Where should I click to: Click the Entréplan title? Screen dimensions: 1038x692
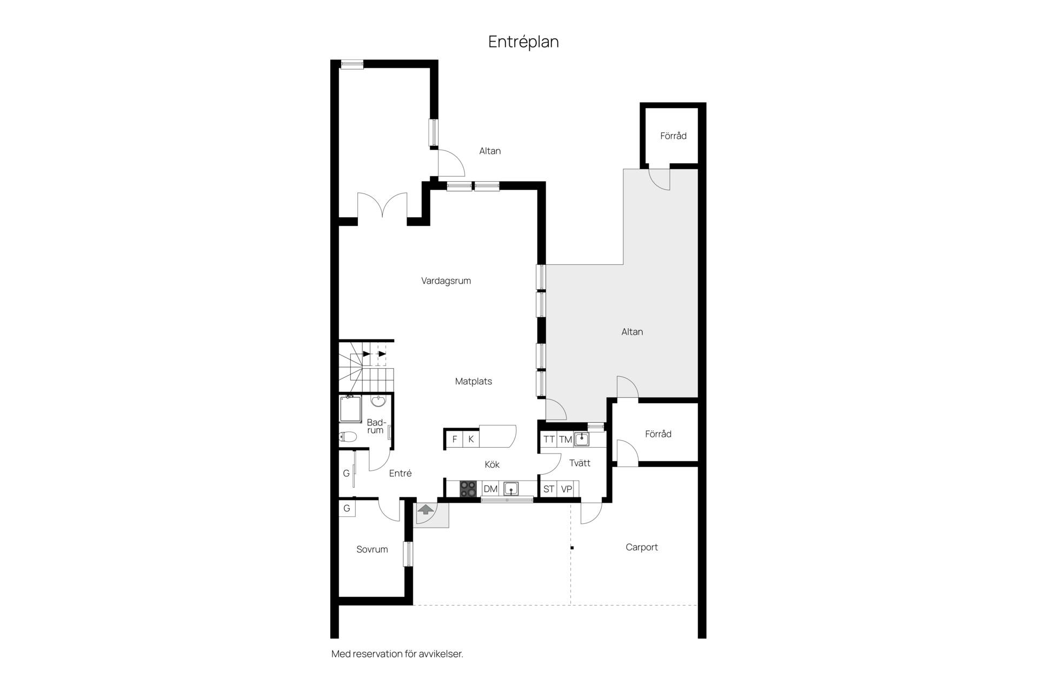click(x=523, y=42)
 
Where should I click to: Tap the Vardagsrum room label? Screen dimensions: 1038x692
click(x=446, y=281)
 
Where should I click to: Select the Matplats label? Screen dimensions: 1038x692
click(x=474, y=381)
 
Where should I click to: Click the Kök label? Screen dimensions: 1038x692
click(x=492, y=464)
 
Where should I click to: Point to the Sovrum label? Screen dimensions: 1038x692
click(x=372, y=549)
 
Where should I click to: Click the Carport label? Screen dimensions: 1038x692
click(x=642, y=547)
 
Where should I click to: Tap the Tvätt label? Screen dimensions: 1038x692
click(x=580, y=463)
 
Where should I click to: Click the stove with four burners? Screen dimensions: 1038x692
click(x=468, y=489)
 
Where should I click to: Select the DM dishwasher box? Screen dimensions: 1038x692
click(x=490, y=489)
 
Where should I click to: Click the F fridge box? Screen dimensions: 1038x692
click(x=455, y=439)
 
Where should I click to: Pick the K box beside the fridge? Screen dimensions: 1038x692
click(x=471, y=439)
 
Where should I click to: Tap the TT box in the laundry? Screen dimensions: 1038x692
click(x=549, y=440)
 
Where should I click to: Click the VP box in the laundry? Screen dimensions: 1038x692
click(x=567, y=489)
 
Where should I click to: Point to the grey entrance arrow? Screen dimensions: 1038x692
click(x=426, y=509)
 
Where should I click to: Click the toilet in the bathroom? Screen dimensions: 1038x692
click(x=348, y=436)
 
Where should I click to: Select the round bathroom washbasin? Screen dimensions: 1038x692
click(x=378, y=401)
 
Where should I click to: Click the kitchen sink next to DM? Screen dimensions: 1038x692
click(x=511, y=489)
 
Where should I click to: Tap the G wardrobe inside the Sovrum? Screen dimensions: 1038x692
click(x=347, y=508)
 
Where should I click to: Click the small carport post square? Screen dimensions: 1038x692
click(x=572, y=548)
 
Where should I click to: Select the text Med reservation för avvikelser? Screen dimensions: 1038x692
click(x=397, y=654)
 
